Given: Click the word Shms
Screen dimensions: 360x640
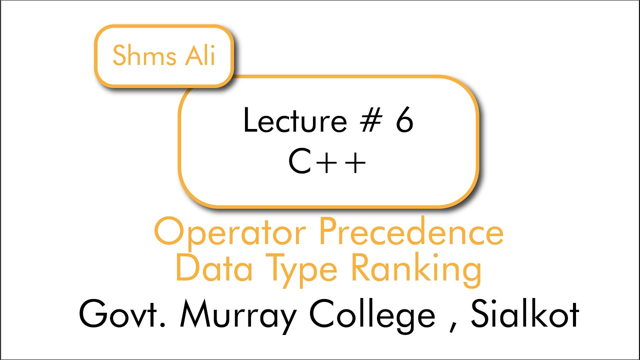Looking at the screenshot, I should coord(141,55).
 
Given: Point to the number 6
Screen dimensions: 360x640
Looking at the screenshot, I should coord(404,121).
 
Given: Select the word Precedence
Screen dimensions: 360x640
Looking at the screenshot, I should coord(411,232).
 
